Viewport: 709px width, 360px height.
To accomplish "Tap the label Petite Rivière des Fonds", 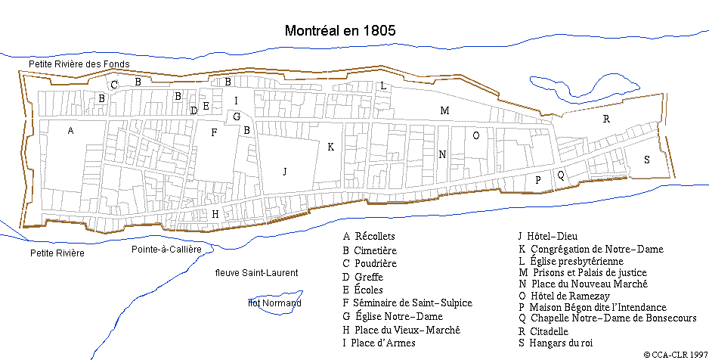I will pos(79,64).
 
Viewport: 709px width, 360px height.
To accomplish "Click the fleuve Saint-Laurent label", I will pos(256,272).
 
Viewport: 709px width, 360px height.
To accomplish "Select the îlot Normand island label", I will pos(275,303).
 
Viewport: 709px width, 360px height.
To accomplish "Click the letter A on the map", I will pos(70,131).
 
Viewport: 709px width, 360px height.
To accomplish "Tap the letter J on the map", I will pos(285,172).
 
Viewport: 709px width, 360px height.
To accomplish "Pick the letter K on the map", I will pos(330,147).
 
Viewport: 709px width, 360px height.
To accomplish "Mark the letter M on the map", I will pos(444,111).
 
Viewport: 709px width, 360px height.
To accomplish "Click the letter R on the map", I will pos(606,119).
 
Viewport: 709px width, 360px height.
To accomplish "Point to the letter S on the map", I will pos(646,160).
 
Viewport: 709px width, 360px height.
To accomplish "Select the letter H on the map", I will pos(215,215).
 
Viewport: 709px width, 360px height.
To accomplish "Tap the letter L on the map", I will pos(384,86).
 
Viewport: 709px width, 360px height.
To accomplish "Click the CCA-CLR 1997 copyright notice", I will pos(675,353).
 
